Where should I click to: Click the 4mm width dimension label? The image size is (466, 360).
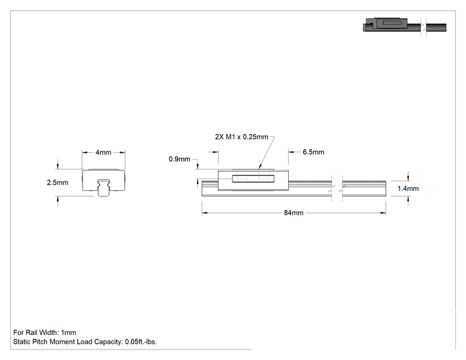pyautogui.click(x=103, y=152)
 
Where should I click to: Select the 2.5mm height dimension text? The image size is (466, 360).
pyautogui.click(x=58, y=182)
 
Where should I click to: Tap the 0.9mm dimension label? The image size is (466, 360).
pyautogui.click(x=179, y=159)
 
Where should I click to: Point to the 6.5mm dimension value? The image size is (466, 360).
pyautogui.click(x=314, y=152)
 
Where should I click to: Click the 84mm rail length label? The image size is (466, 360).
pyautogui.click(x=294, y=213)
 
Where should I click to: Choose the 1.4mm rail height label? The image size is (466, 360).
pyautogui.click(x=408, y=188)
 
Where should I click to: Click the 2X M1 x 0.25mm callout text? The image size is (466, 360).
pyautogui.click(x=242, y=137)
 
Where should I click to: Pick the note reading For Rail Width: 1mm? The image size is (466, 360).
pyautogui.click(x=44, y=332)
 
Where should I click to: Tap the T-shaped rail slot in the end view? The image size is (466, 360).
pyautogui.click(x=104, y=188)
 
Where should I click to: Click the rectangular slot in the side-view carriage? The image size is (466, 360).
pyautogui.click(x=253, y=178)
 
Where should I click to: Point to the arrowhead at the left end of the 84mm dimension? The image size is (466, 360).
pyautogui.click(x=204, y=213)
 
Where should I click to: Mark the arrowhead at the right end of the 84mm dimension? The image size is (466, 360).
pyautogui.click(x=383, y=213)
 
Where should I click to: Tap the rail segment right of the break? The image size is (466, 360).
pyautogui.click(x=364, y=188)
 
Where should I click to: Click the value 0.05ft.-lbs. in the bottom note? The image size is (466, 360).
pyautogui.click(x=141, y=342)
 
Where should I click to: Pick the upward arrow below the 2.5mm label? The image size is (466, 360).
pyautogui.click(x=58, y=200)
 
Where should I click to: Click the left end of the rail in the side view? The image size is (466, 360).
pyautogui.click(x=202, y=188)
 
